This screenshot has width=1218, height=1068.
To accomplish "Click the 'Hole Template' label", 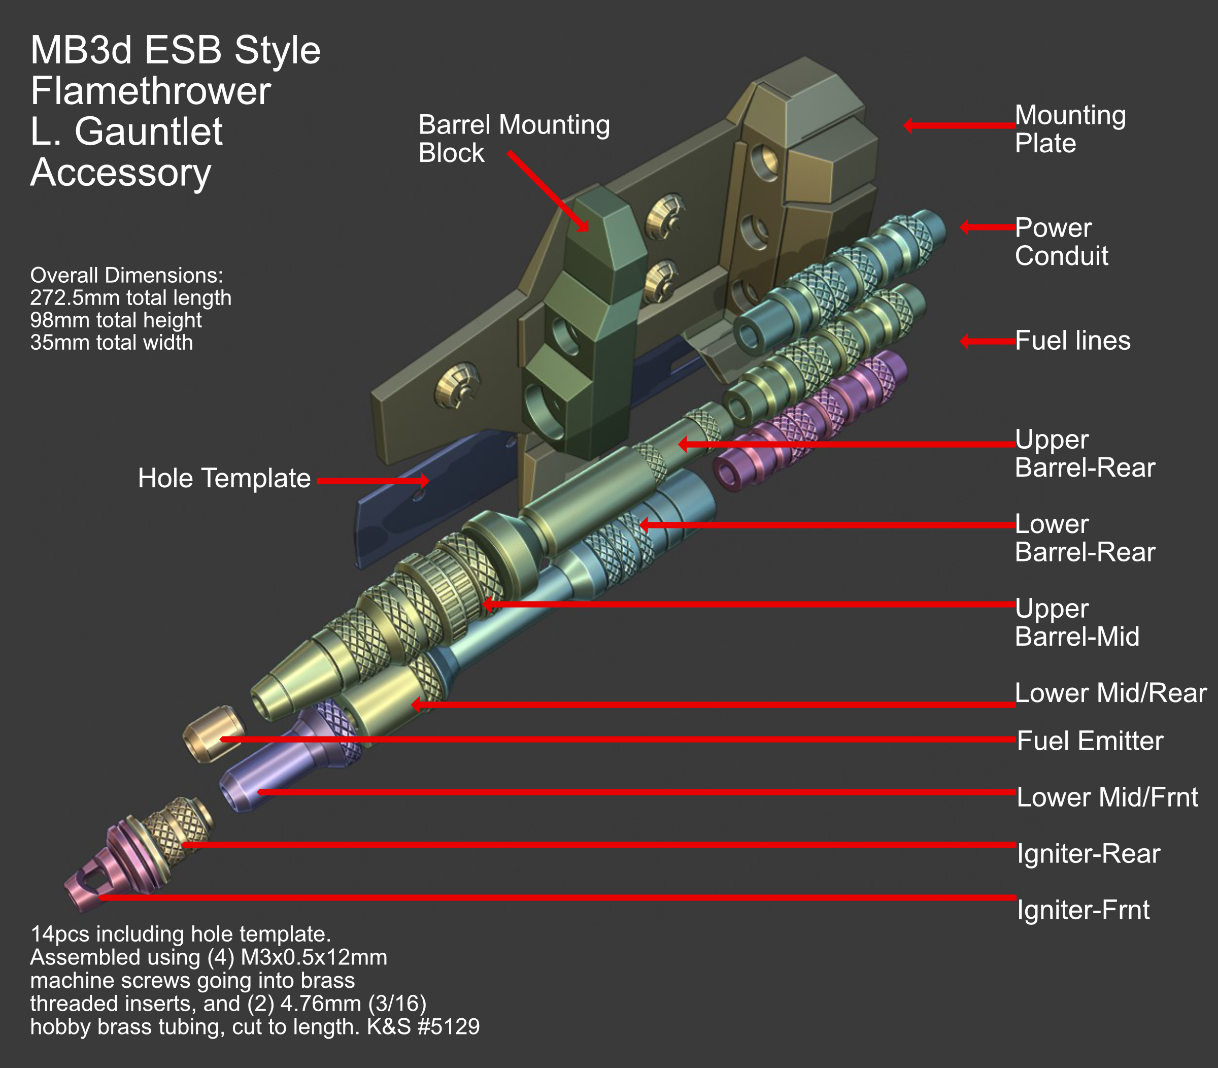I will point(224,479).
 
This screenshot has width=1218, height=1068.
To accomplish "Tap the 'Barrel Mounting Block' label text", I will point(514,139).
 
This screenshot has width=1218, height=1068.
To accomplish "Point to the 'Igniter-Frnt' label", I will point(1082,910).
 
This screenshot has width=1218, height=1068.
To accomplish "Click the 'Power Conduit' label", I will point(1061,242).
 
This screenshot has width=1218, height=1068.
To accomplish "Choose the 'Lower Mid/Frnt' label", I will point(1106,797).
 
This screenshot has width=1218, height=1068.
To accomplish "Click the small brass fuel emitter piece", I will point(213,733).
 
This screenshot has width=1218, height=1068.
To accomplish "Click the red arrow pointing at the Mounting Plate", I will point(959,125).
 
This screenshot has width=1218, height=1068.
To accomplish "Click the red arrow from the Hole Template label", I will point(373,480).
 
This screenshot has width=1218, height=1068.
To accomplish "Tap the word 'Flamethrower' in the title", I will point(151,91).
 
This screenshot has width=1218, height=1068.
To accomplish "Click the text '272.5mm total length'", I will point(130,297).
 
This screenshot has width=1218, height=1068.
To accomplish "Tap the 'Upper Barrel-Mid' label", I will point(1076,622).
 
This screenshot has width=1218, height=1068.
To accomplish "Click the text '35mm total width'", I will point(112,343).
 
